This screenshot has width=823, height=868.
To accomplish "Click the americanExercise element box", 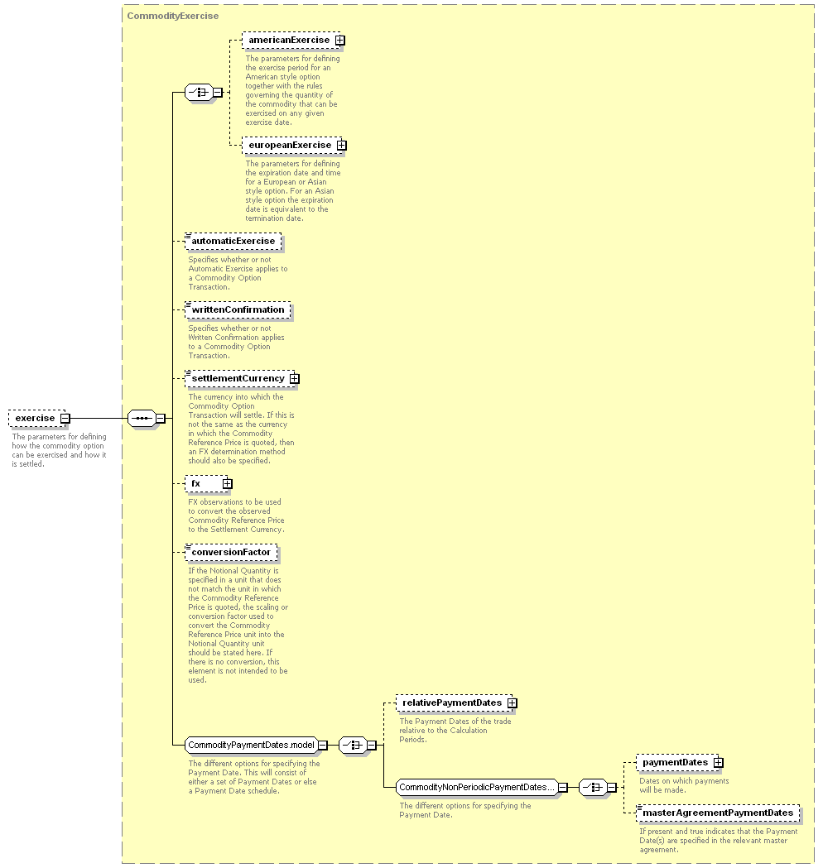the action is [293, 41].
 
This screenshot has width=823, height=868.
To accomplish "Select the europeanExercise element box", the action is [294, 145].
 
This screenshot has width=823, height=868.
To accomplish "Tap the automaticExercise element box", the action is [233, 242].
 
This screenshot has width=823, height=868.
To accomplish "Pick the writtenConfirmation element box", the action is [238, 310].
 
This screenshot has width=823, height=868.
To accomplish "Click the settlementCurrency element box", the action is [242, 379].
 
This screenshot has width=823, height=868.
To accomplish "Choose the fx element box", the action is [209, 484].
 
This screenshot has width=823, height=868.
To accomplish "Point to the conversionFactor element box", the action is [231, 553].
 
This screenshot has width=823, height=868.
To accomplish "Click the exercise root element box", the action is [39, 419].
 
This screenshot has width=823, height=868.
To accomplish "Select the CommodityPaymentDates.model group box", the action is [255, 745].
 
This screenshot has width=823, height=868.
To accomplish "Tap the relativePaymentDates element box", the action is [456, 703].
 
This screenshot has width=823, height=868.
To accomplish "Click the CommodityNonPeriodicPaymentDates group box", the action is [481, 787].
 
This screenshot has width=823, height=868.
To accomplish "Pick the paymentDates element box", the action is [680, 763].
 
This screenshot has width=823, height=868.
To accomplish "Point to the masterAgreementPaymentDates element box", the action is [718, 813].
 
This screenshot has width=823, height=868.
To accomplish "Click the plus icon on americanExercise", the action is [340, 41].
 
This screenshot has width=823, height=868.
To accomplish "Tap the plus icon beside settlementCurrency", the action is [295, 379].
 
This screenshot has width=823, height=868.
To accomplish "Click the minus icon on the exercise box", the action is [65, 419].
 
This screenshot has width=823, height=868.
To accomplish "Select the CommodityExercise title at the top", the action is [173, 16].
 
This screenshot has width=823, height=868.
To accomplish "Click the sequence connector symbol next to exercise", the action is [142, 419].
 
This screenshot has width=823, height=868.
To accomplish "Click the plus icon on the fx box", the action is [228, 484].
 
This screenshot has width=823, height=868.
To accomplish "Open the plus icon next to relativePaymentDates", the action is [513, 703].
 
